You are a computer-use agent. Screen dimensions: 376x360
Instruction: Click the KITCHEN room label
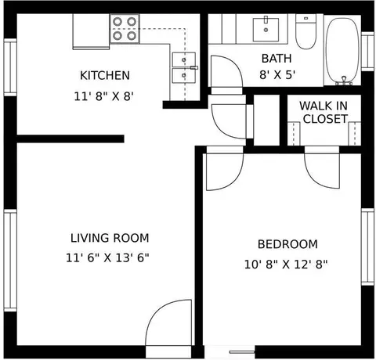point(105,75)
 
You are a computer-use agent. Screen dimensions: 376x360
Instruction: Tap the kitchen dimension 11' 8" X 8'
point(104,97)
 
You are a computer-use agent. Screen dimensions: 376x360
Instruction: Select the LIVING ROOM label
point(110,238)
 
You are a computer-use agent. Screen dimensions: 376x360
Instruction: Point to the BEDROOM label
point(287,244)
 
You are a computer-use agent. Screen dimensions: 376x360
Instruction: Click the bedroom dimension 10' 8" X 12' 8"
point(286,265)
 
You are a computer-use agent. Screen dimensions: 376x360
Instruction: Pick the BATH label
point(277,59)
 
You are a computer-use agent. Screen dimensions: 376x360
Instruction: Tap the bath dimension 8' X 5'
point(277,75)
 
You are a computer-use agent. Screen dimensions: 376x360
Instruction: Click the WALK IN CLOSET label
point(324,112)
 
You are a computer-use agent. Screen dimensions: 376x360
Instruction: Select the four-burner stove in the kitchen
point(125,28)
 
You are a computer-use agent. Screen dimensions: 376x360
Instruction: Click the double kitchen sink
point(184,67)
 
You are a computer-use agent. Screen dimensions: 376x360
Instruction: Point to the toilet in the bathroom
point(305,31)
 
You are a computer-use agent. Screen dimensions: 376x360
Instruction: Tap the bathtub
point(342,51)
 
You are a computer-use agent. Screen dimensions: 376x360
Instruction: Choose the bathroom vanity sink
point(266,29)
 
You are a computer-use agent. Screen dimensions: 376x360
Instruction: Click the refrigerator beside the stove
point(91,31)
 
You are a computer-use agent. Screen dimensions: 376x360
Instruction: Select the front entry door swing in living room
point(168,322)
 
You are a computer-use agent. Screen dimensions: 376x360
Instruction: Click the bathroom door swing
point(226,71)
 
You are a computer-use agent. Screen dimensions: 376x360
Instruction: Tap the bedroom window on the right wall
point(367,247)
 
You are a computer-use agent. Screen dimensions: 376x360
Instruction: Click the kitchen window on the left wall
point(10,67)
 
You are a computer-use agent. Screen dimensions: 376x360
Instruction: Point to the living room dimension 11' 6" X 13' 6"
point(107,258)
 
